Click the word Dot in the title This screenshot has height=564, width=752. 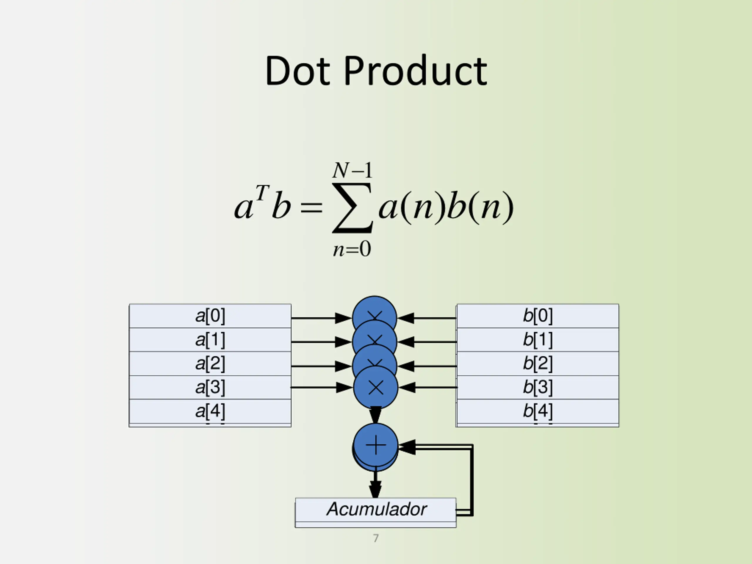click(x=297, y=71)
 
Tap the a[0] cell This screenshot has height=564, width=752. click(x=210, y=316)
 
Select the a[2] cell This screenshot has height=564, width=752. click(x=210, y=363)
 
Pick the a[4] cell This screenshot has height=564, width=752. click(x=210, y=411)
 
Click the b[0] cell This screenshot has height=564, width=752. click(x=538, y=316)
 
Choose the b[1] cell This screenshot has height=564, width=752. click(x=538, y=340)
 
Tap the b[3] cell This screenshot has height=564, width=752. click(x=538, y=387)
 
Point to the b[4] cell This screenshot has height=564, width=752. click(x=538, y=411)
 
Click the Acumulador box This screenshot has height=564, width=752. click(x=376, y=510)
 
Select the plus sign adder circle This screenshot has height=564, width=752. click(x=376, y=445)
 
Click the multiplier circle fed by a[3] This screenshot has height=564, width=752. click(x=376, y=387)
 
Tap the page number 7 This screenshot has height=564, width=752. click(x=376, y=538)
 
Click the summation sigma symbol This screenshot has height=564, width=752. click(x=352, y=208)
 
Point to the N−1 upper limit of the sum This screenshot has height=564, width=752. click(x=352, y=170)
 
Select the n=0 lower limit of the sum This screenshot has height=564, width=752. click(x=352, y=249)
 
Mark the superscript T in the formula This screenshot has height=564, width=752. click(x=262, y=193)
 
